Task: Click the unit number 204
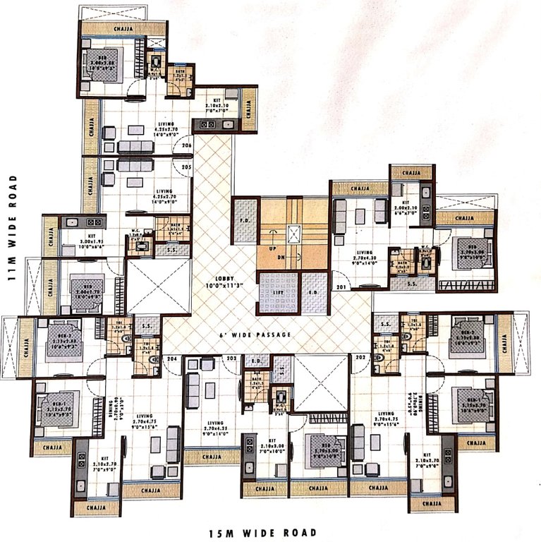(x=170, y=360)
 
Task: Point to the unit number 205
(x=186, y=167)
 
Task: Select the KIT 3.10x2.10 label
(x=207, y=106)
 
